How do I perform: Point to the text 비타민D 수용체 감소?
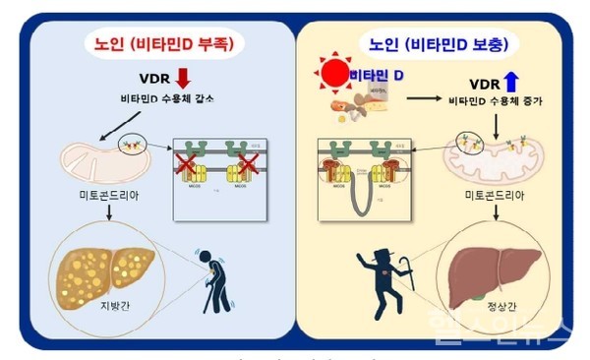(x=159, y=98)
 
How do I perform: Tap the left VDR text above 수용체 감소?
(x=158, y=79)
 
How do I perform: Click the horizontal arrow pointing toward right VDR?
(x=437, y=99)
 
